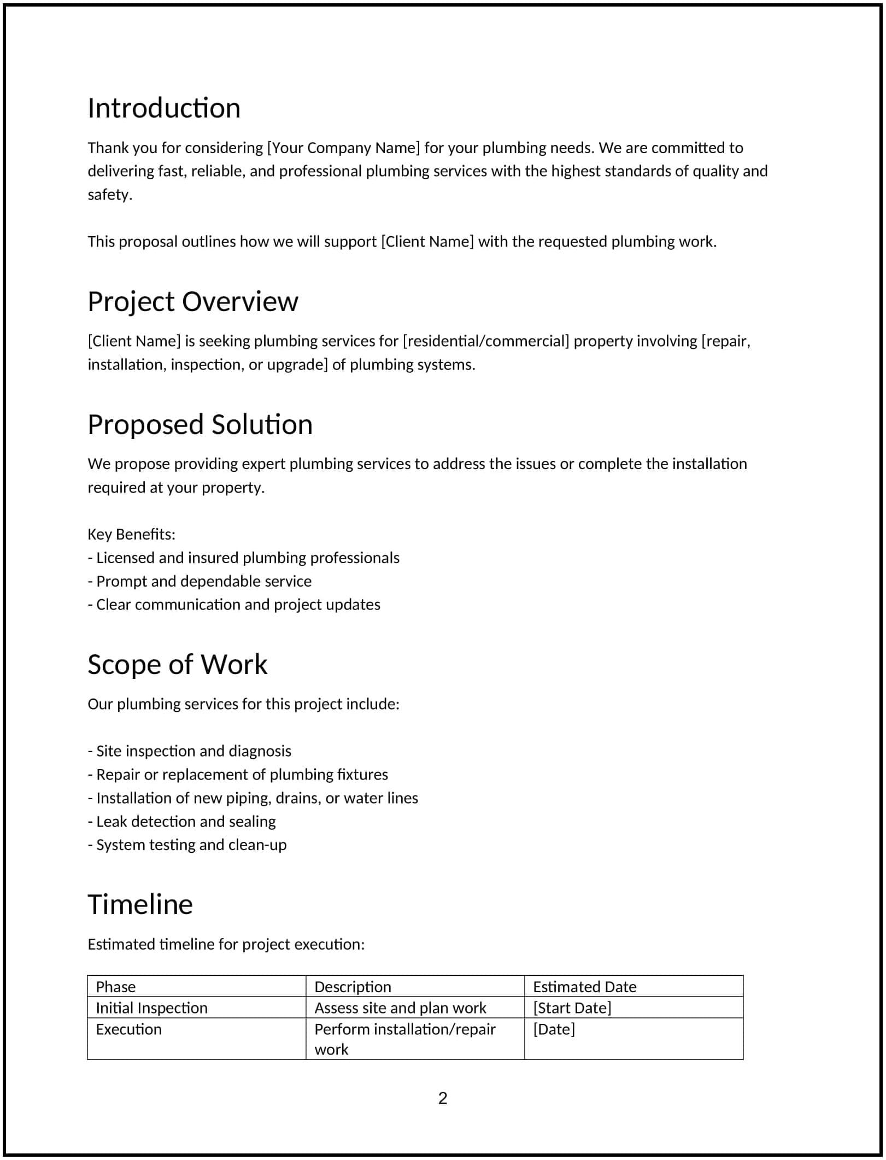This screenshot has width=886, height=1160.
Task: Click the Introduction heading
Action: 164,108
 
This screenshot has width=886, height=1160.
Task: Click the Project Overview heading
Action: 193,302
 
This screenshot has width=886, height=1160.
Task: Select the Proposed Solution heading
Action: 200,425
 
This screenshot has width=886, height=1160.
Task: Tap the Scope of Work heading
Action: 177,665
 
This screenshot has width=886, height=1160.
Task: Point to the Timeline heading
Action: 140,905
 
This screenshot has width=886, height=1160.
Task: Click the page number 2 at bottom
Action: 443,1098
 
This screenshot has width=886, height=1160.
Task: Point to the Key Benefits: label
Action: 131,535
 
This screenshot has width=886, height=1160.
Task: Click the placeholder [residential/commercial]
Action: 486,342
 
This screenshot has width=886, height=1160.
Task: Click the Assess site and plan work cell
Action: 400,1008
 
